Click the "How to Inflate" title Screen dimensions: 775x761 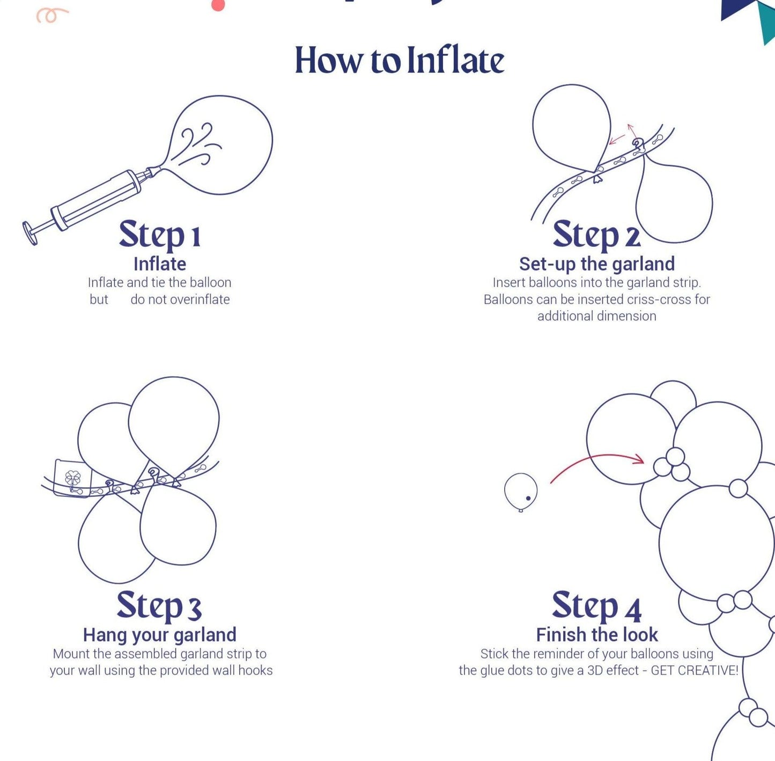(400, 60)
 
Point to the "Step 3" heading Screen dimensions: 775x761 (159, 606)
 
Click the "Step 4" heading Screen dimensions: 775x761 (597, 606)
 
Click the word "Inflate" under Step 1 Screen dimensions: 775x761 (160, 265)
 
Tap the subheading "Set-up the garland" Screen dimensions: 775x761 (597, 265)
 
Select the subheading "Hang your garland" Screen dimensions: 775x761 (160, 635)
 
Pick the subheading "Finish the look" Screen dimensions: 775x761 (597, 635)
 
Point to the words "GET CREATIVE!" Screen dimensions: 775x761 (695, 670)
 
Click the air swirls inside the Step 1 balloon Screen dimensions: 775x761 (200, 144)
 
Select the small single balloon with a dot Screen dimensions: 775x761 (521, 492)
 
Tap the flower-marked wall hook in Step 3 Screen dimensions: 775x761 (73, 478)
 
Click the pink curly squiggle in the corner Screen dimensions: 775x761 (52, 15)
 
